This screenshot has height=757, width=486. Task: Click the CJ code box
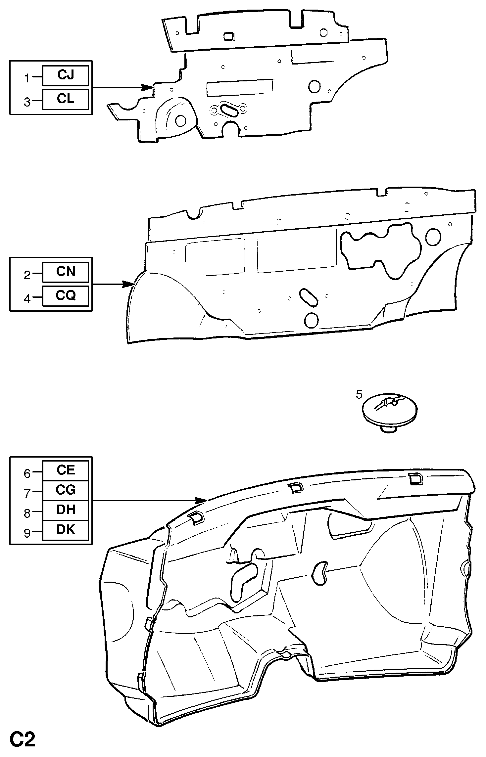(x=66, y=75)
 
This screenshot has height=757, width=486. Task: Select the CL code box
(x=66, y=99)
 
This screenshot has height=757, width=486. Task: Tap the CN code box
(x=66, y=272)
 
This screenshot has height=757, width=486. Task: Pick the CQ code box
(x=66, y=295)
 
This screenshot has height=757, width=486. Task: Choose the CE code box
(x=66, y=470)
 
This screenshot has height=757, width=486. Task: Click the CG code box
(x=66, y=490)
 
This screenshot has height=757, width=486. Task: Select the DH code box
(x=66, y=510)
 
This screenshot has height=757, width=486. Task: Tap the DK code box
(x=66, y=530)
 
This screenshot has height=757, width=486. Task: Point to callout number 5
(x=359, y=394)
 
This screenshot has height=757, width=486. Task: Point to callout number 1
(x=27, y=78)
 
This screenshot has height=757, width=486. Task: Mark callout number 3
(x=27, y=102)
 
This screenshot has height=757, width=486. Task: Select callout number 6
(x=27, y=473)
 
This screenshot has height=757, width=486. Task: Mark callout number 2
(x=27, y=275)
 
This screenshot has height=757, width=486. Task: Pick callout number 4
(x=27, y=299)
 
